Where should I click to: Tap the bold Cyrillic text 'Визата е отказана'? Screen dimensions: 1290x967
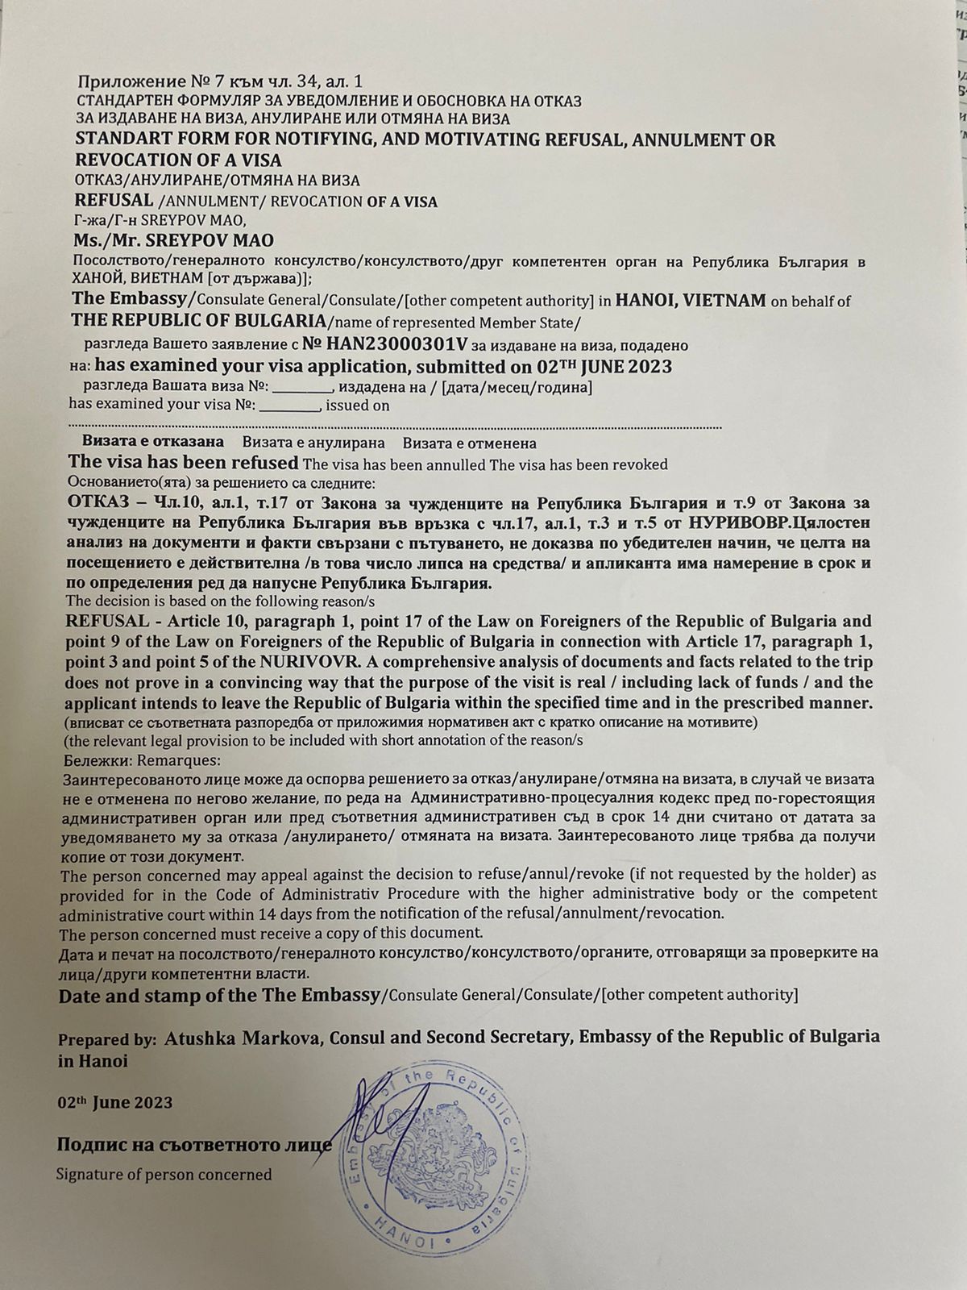pyautogui.click(x=153, y=443)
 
